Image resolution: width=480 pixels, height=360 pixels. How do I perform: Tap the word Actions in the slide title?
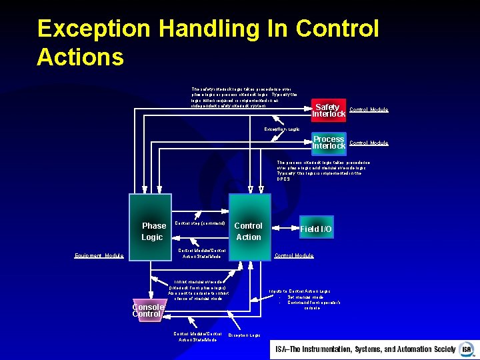click(x=80, y=57)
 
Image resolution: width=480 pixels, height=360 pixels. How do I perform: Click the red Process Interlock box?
click(x=329, y=143)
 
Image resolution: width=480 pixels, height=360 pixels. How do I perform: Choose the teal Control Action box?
click(x=249, y=227)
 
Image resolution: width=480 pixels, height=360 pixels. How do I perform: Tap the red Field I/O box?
click(x=316, y=229)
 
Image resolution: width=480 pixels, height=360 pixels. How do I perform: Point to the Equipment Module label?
click(x=99, y=255)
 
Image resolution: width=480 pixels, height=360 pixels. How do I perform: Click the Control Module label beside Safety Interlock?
click(x=369, y=110)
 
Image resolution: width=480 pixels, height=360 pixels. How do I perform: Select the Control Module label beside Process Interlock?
click(x=369, y=143)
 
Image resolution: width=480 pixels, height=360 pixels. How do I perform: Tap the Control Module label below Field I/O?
click(x=294, y=255)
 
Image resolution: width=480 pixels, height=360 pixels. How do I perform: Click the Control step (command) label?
click(x=199, y=223)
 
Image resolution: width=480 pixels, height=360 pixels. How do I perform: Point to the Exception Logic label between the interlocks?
click(x=282, y=129)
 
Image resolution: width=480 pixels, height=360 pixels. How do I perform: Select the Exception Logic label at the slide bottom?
click(x=244, y=335)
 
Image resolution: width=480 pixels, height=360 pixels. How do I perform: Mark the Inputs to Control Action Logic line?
click(x=299, y=291)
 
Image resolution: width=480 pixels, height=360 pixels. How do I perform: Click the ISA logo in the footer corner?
click(x=466, y=349)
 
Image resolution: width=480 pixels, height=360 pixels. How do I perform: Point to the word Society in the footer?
click(x=439, y=349)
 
